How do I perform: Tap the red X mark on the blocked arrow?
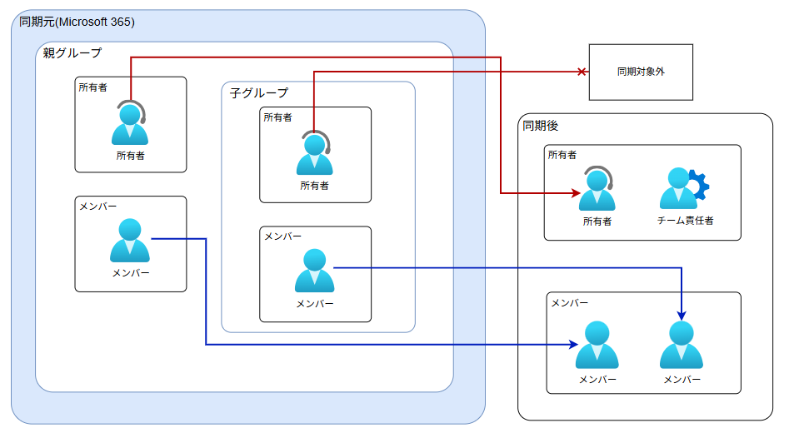pos(582,72)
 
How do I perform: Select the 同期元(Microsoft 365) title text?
pos(77,21)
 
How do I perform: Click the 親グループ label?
pos(72,53)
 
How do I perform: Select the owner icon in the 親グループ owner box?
pos(130,125)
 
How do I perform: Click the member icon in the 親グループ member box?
pos(130,241)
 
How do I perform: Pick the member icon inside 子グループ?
pos(314,271)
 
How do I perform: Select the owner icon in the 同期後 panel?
pos(597,190)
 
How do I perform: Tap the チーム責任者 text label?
pos(685,221)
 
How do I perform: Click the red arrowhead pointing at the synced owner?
pos(575,194)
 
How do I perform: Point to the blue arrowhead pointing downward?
pos(682,316)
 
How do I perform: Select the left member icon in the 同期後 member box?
pos(597,346)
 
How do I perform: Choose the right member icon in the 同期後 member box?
pos(682,346)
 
